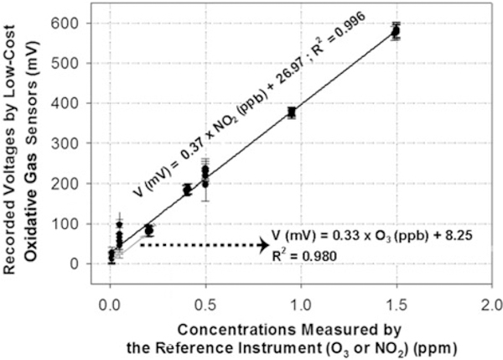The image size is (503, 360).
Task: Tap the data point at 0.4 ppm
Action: tap(187, 190)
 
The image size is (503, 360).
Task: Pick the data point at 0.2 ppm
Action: tap(148, 230)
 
